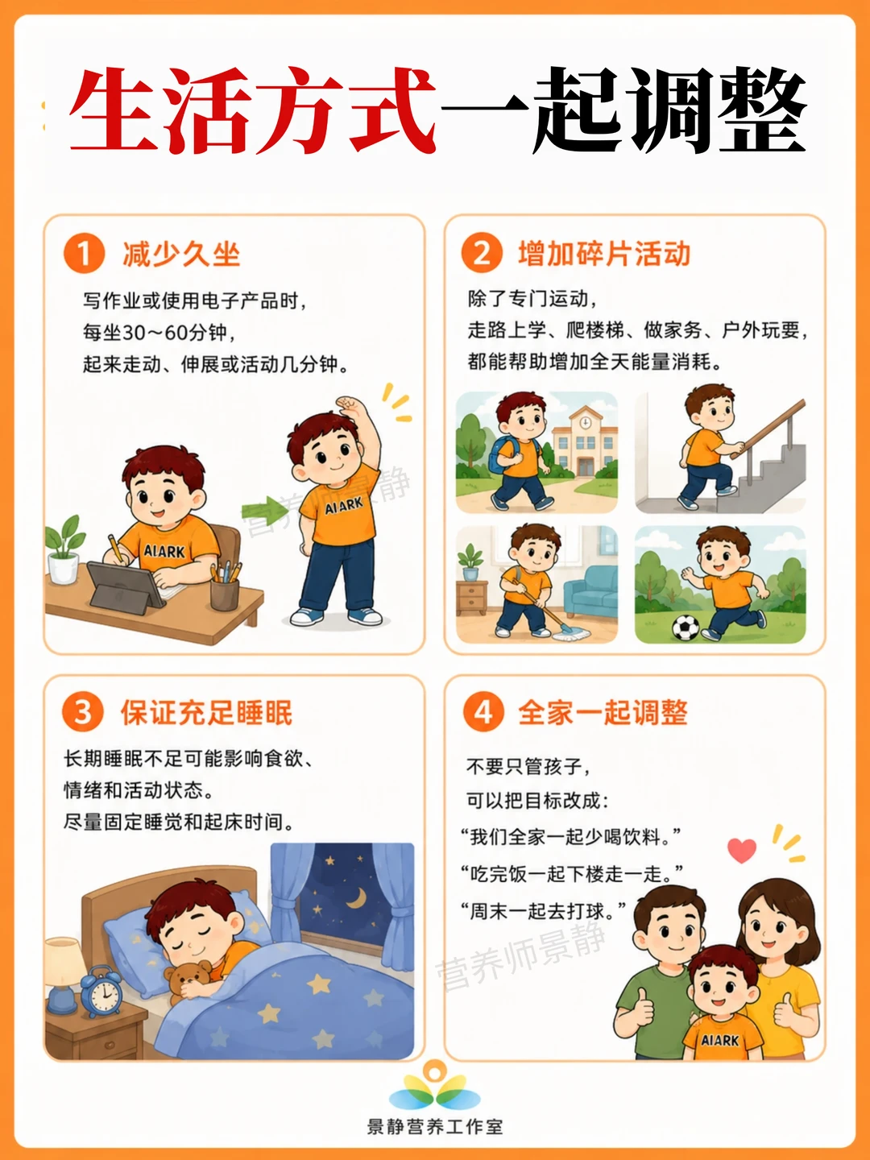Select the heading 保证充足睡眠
click(x=206, y=712)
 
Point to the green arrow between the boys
click(x=265, y=510)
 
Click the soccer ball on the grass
click(x=686, y=628)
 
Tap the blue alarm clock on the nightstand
click(x=101, y=991)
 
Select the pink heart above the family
click(x=742, y=850)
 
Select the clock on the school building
click(x=586, y=422)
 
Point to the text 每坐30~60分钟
click(x=159, y=333)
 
